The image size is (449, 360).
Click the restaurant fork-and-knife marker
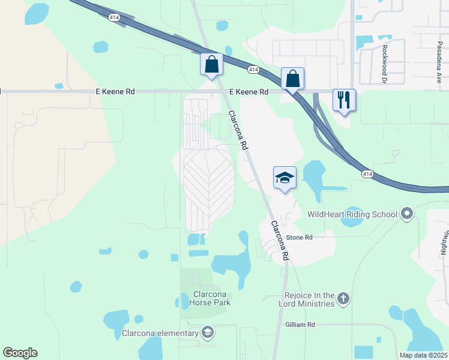point(344,100)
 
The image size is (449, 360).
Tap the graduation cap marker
point(285,177)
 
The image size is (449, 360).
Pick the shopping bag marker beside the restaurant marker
point(292,78)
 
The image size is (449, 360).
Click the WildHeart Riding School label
point(352,214)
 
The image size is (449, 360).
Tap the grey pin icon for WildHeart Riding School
point(408,214)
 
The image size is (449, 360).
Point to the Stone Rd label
point(300,238)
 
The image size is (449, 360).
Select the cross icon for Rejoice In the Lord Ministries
point(343,299)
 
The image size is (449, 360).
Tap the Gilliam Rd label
point(302,325)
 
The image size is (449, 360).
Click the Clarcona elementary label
point(160,334)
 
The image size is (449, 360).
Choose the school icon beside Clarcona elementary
point(207,333)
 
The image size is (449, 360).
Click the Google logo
point(20,353)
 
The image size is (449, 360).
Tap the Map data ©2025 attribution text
point(423,355)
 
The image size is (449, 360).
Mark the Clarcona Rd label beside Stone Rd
point(280,241)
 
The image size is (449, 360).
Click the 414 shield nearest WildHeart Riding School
point(368,173)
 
